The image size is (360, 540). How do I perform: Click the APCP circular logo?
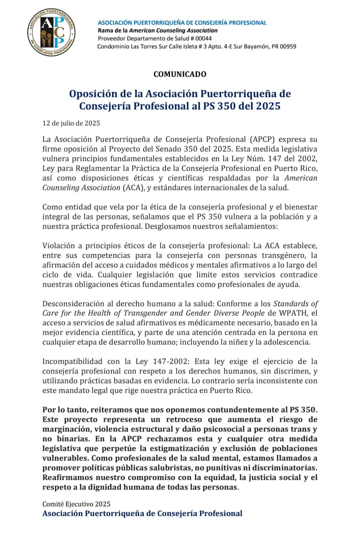click(x=51, y=33)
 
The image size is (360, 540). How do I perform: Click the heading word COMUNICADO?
click(x=179, y=74)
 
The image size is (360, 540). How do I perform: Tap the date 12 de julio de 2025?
click(x=71, y=123)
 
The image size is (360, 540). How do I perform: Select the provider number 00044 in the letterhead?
click(x=203, y=38)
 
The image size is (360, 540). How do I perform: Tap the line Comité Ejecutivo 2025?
click(x=76, y=504)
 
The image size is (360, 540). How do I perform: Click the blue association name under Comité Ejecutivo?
click(x=142, y=513)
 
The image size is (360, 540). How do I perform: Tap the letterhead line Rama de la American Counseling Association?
click(x=158, y=30)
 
